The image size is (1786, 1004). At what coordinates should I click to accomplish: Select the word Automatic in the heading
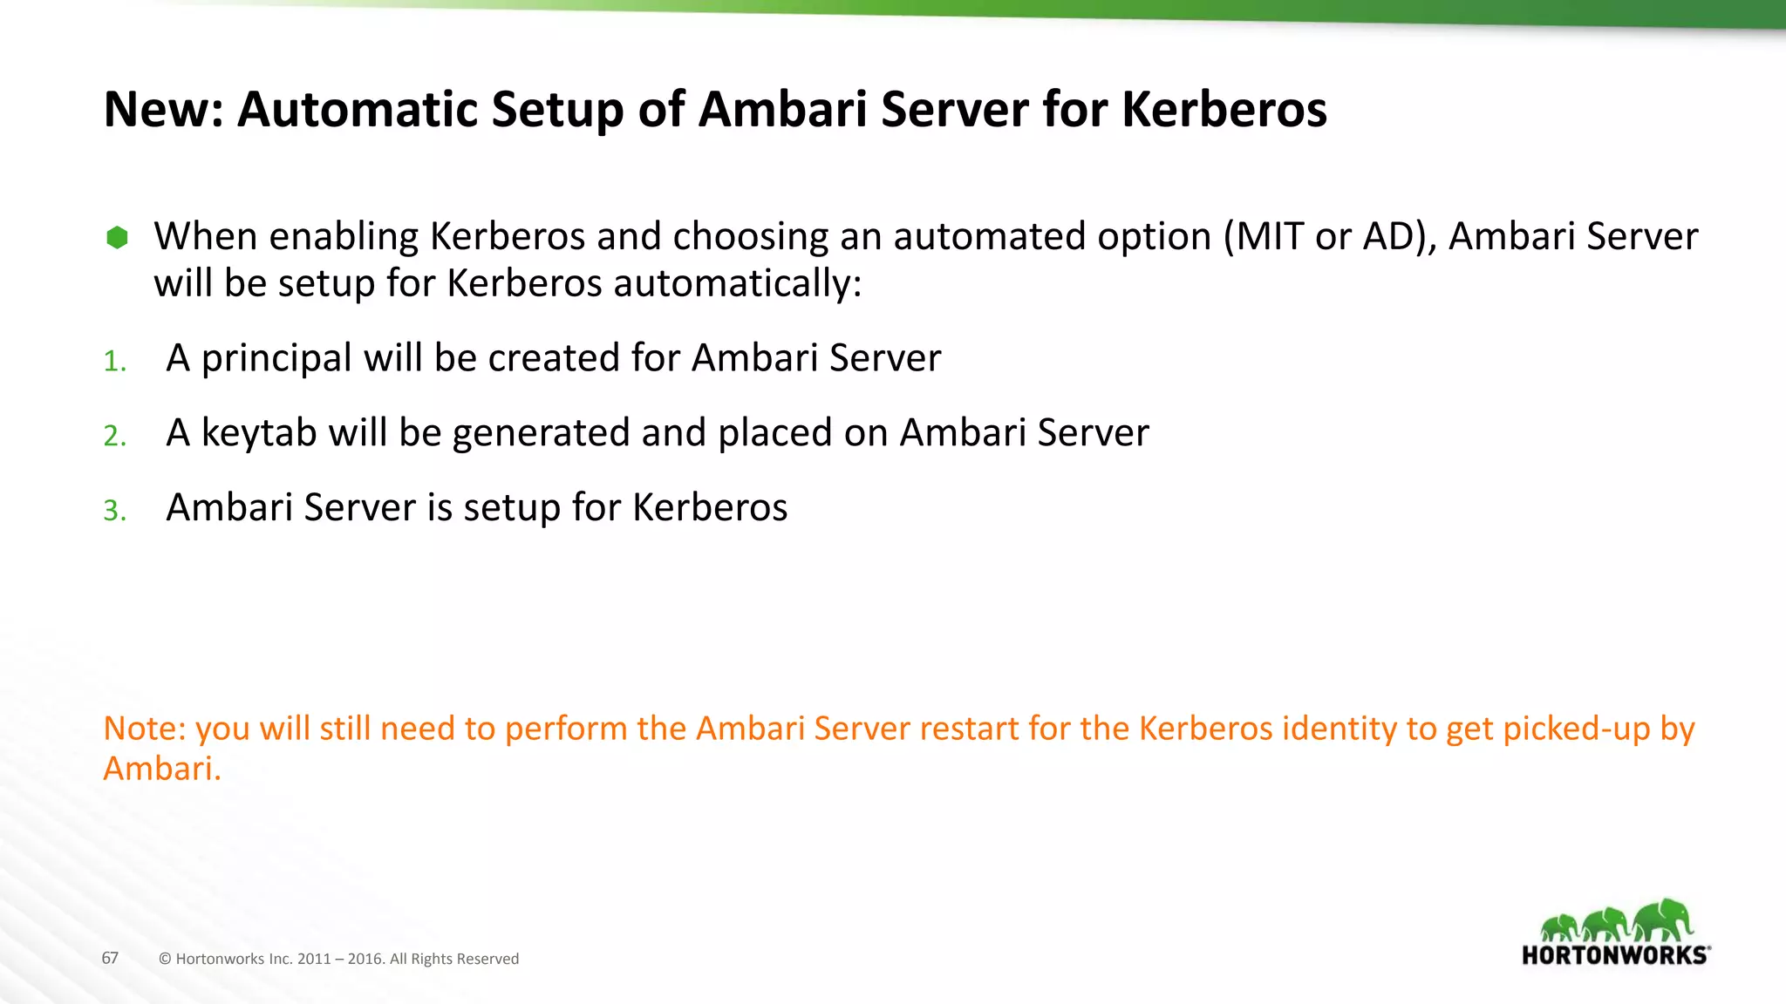358,110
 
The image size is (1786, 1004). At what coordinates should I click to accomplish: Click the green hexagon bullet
117,237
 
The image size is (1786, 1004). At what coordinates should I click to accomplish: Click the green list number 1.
114,361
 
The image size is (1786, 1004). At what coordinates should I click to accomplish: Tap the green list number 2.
114,436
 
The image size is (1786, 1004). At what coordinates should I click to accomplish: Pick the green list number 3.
114,511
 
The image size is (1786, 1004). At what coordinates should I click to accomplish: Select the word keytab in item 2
258,433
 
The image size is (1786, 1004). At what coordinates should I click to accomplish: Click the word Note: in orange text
145,729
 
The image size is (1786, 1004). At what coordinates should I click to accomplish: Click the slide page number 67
110,958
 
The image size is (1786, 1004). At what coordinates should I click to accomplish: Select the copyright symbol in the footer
165,959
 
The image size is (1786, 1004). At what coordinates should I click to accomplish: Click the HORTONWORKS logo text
1614,955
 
